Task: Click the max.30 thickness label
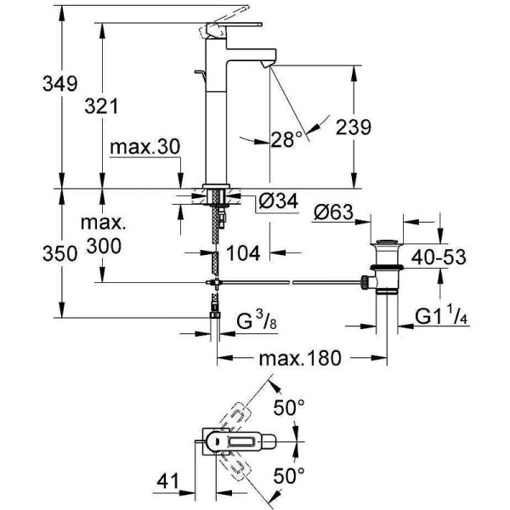click(x=145, y=147)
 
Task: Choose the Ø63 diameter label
click(x=336, y=212)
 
